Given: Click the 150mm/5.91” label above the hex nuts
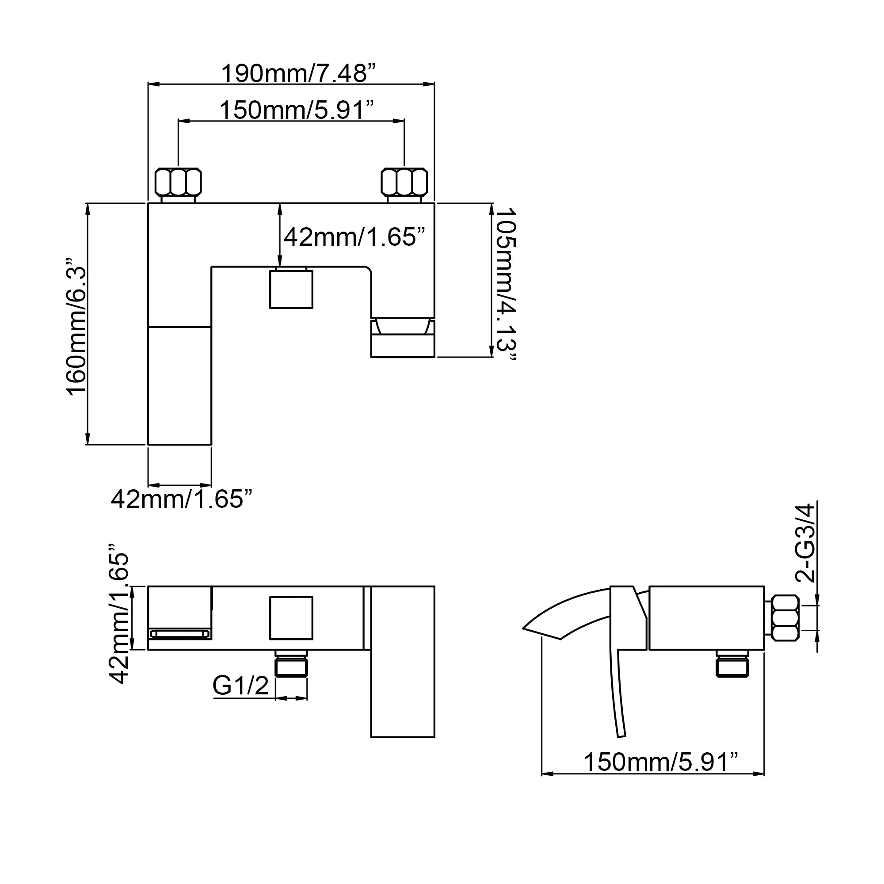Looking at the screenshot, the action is [x=297, y=110].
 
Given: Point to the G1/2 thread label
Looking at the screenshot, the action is [x=241, y=686].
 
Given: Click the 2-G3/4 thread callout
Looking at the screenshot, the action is [x=805, y=543].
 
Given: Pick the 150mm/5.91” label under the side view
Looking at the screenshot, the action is [x=661, y=762].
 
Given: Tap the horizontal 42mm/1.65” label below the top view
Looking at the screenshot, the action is [x=182, y=499].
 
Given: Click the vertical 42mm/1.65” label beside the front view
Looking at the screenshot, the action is [x=119, y=614].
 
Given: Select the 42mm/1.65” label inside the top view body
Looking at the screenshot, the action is [x=354, y=237].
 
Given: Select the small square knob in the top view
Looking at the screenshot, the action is [x=291, y=289].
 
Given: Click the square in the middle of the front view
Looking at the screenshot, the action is [x=291, y=618].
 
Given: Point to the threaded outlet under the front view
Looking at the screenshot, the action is [x=291, y=664].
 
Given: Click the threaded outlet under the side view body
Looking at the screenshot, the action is [x=732, y=664].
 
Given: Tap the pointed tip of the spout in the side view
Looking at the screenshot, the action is [x=523, y=628].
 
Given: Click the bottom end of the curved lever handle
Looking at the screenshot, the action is [x=621, y=736].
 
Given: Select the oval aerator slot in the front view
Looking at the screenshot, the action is [x=180, y=634].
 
